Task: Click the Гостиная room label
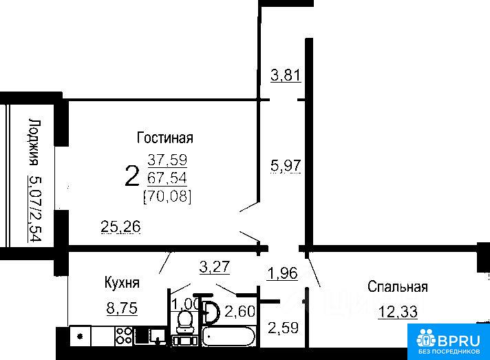[165, 138]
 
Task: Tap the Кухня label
[122, 283]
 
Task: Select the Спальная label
[398, 286]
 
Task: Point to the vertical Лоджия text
[34, 142]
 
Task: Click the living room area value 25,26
[121, 226]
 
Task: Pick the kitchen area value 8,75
[122, 308]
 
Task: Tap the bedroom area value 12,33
[398, 312]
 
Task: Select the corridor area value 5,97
[286, 166]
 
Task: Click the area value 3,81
[286, 75]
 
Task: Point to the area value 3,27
[215, 267]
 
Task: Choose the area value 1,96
[282, 273]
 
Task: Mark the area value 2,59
[283, 328]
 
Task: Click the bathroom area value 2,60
[240, 312]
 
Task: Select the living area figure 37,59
[167, 160]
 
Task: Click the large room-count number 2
[132, 176]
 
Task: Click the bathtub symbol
[228, 336]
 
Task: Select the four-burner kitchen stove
[124, 336]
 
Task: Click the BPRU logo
[449, 342]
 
